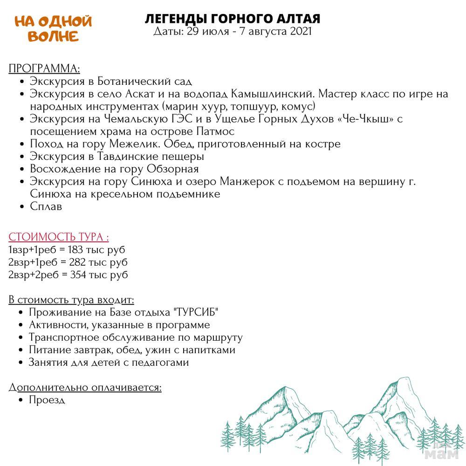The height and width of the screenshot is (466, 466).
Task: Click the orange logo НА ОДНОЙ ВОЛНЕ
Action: (x=53, y=28)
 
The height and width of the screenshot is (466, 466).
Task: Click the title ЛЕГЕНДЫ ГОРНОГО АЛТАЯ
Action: (x=233, y=19)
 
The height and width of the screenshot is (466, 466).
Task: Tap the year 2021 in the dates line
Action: (x=300, y=32)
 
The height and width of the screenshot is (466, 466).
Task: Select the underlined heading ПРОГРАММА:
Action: (x=44, y=69)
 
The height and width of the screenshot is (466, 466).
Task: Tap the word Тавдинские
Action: (x=132, y=157)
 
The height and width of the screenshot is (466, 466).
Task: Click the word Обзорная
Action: (x=173, y=169)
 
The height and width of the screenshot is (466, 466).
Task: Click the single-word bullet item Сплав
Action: (x=46, y=206)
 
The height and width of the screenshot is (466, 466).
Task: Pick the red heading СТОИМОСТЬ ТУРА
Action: (x=59, y=237)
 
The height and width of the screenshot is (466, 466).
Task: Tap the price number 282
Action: (x=78, y=262)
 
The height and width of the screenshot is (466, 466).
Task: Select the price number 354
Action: (x=79, y=275)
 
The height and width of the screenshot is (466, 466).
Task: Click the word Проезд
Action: (x=47, y=400)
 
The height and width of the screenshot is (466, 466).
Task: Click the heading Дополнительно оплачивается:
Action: (x=85, y=387)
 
